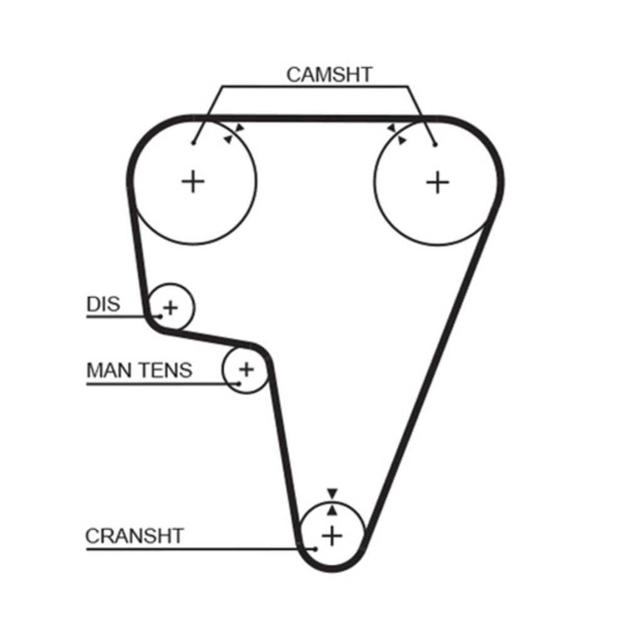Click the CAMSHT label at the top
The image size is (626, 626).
[329, 74]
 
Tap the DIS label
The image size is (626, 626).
[103, 305]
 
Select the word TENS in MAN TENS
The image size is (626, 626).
[165, 371]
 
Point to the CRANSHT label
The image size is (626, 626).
[135, 536]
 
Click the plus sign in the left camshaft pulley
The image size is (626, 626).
[193, 182]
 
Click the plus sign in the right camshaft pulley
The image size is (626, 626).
[438, 182]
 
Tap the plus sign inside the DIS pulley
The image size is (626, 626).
[170, 307]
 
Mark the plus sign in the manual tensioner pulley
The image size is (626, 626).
[247, 369]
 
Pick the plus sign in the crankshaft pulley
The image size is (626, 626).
[332, 535]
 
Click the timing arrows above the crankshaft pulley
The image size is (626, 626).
[332, 501]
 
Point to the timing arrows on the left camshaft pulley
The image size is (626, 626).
[233, 134]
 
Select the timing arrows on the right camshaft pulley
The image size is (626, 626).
[397, 133]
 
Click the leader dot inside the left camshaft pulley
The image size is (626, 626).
[195, 143]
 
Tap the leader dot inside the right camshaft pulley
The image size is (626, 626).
[435, 145]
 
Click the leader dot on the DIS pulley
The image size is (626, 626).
[160, 316]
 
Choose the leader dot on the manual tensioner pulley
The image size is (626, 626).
[239, 382]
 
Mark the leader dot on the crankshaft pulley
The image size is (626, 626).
[316, 549]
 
